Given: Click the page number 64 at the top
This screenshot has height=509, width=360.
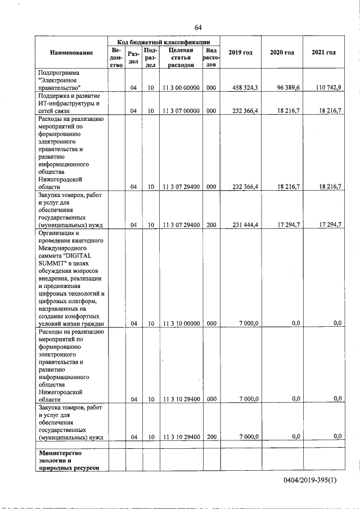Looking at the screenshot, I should (197, 28).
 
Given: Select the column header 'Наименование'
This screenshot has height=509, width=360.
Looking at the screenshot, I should (71, 53).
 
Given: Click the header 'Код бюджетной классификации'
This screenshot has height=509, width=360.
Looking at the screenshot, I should (164, 42).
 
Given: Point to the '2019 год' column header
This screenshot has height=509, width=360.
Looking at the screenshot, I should (240, 52).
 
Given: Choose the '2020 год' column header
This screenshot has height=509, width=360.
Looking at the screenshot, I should (282, 52).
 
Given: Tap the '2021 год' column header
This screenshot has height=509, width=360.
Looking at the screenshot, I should (323, 52).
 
